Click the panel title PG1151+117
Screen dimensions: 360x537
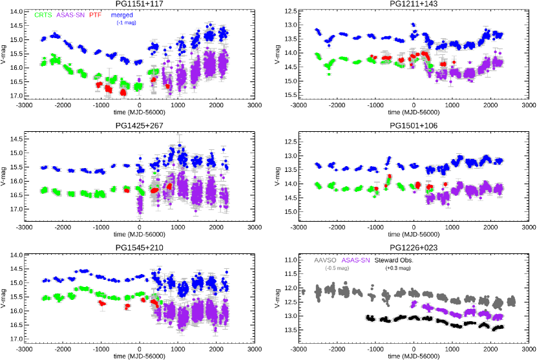139,5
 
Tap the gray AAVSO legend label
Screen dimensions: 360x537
325,260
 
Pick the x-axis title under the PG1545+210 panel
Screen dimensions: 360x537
139,356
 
